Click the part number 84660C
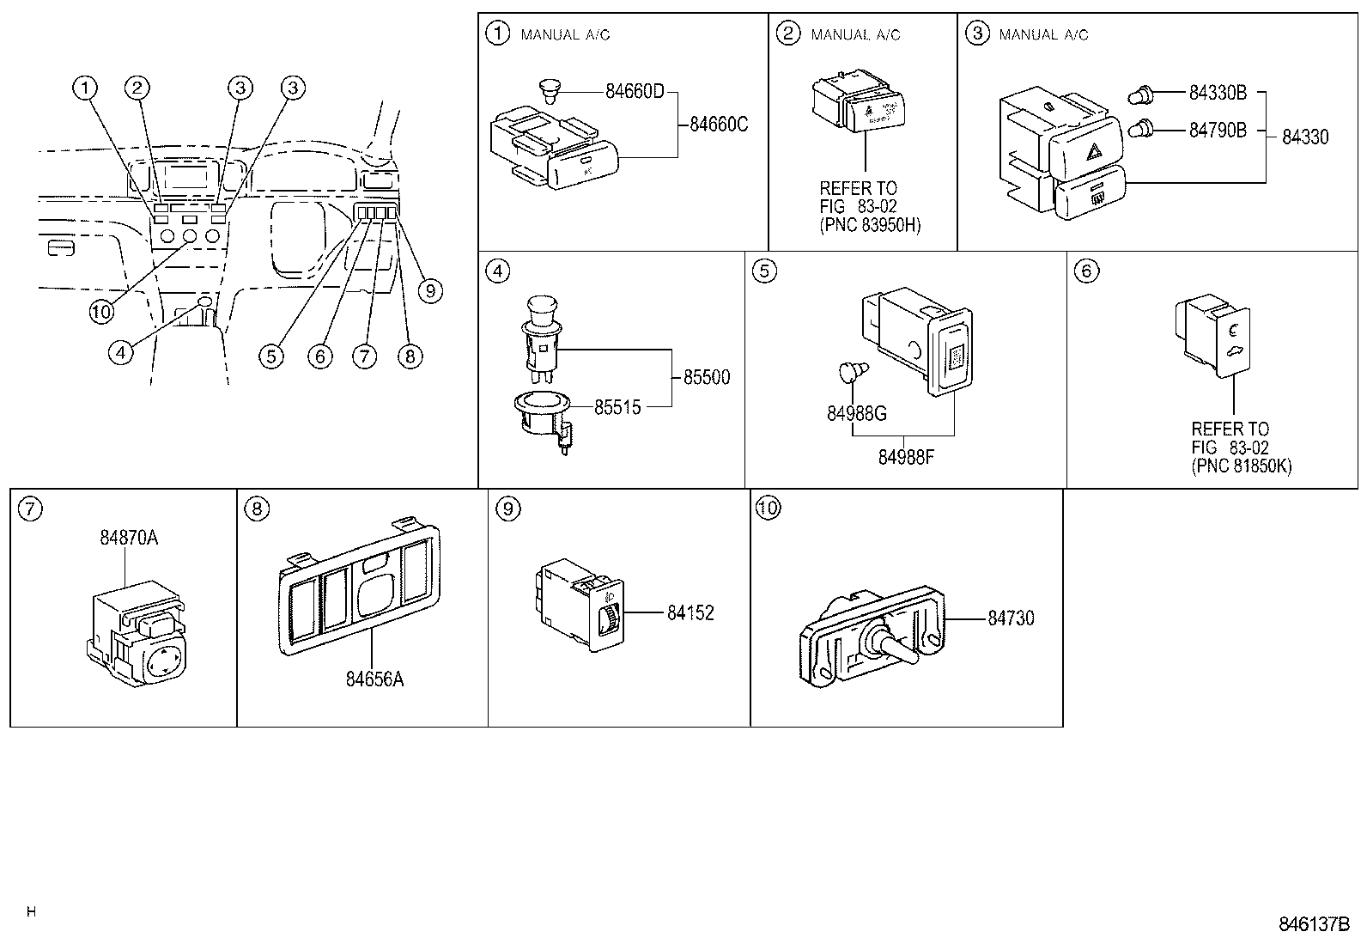pos(719,125)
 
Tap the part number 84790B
pos(1218,131)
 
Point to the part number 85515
pos(617,407)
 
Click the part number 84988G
pos(857,413)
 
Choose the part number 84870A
pos(129,539)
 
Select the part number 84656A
pos(374,679)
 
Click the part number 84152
pos(690,613)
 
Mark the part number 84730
pos(1011,618)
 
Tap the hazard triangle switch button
pos(1096,151)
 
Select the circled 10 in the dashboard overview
pos(101,311)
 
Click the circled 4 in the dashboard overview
pos(121,350)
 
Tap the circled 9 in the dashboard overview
pos(430,291)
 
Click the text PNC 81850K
pos(1241,466)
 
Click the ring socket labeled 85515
pos(542,408)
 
